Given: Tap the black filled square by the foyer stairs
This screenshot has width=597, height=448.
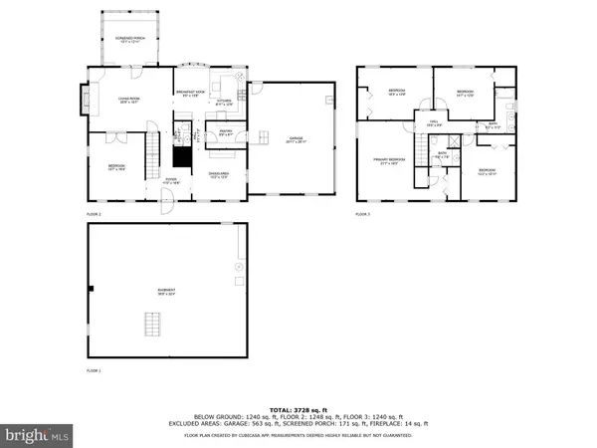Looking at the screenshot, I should point(180,156).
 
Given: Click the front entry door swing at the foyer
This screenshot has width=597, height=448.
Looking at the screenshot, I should point(168,205).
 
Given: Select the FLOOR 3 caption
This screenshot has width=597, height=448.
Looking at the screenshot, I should point(362,214).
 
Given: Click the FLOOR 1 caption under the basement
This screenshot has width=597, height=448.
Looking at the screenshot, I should point(94,370).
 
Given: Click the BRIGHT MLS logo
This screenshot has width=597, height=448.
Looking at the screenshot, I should point(38,435).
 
